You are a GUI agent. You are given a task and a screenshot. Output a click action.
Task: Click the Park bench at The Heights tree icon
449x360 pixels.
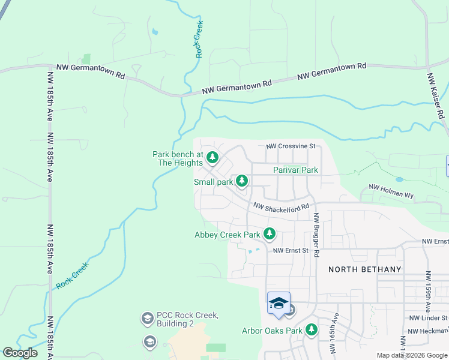(x=212, y=158)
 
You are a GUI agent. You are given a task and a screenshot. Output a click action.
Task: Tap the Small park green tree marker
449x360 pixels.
(x=242, y=181)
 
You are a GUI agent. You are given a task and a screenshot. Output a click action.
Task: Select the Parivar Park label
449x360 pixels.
(x=295, y=170)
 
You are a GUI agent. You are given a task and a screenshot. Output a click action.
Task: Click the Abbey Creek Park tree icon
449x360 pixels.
(x=270, y=233)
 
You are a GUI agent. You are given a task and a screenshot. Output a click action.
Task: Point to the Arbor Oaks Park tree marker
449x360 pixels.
(x=311, y=329)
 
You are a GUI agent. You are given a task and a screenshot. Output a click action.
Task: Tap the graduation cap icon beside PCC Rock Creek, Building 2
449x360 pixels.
(x=147, y=317)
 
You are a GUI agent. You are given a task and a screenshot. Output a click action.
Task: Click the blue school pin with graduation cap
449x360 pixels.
(x=279, y=303)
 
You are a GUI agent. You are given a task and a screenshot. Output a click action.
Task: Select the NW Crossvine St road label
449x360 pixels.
(x=291, y=146)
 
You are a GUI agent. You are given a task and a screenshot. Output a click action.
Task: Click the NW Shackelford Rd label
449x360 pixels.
(x=281, y=206)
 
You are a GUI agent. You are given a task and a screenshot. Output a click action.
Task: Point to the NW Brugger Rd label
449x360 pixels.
(x=315, y=234)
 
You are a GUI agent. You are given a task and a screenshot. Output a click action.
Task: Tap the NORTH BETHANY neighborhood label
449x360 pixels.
(x=364, y=269)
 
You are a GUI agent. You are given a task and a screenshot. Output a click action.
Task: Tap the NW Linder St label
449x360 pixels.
(x=427, y=317)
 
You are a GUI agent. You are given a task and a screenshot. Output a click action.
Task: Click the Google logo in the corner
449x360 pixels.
(x=20, y=353)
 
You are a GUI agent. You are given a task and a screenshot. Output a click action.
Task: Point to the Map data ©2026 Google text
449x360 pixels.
(x=412, y=355)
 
